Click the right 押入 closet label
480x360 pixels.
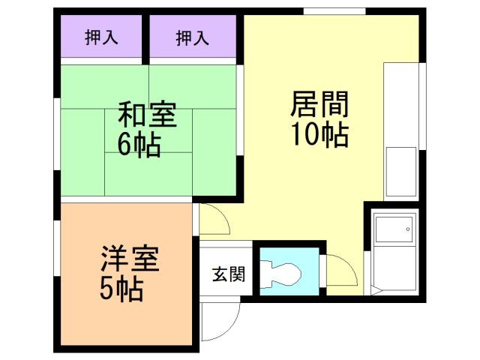193,37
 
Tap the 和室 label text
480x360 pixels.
147,116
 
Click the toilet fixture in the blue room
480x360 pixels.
283,273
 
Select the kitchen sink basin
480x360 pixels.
400,171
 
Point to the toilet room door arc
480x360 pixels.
337,270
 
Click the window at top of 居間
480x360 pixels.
334,10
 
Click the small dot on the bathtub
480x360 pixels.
409,226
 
